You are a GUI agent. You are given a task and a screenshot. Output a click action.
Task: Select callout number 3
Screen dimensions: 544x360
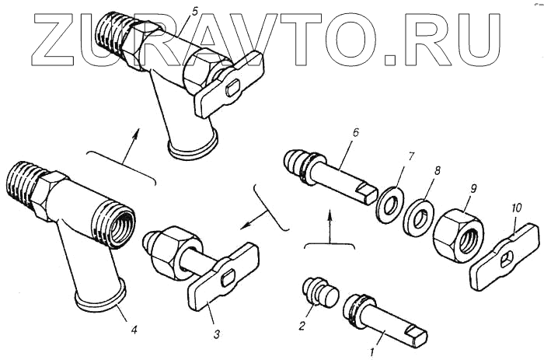[x=217, y=334]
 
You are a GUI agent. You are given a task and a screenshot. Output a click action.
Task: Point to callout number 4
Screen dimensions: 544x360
[x=134, y=330]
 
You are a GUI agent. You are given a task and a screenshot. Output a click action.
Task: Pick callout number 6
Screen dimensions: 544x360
[x=354, y=133]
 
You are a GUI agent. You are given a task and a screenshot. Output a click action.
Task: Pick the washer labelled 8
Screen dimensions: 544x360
[x=420, y=218]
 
